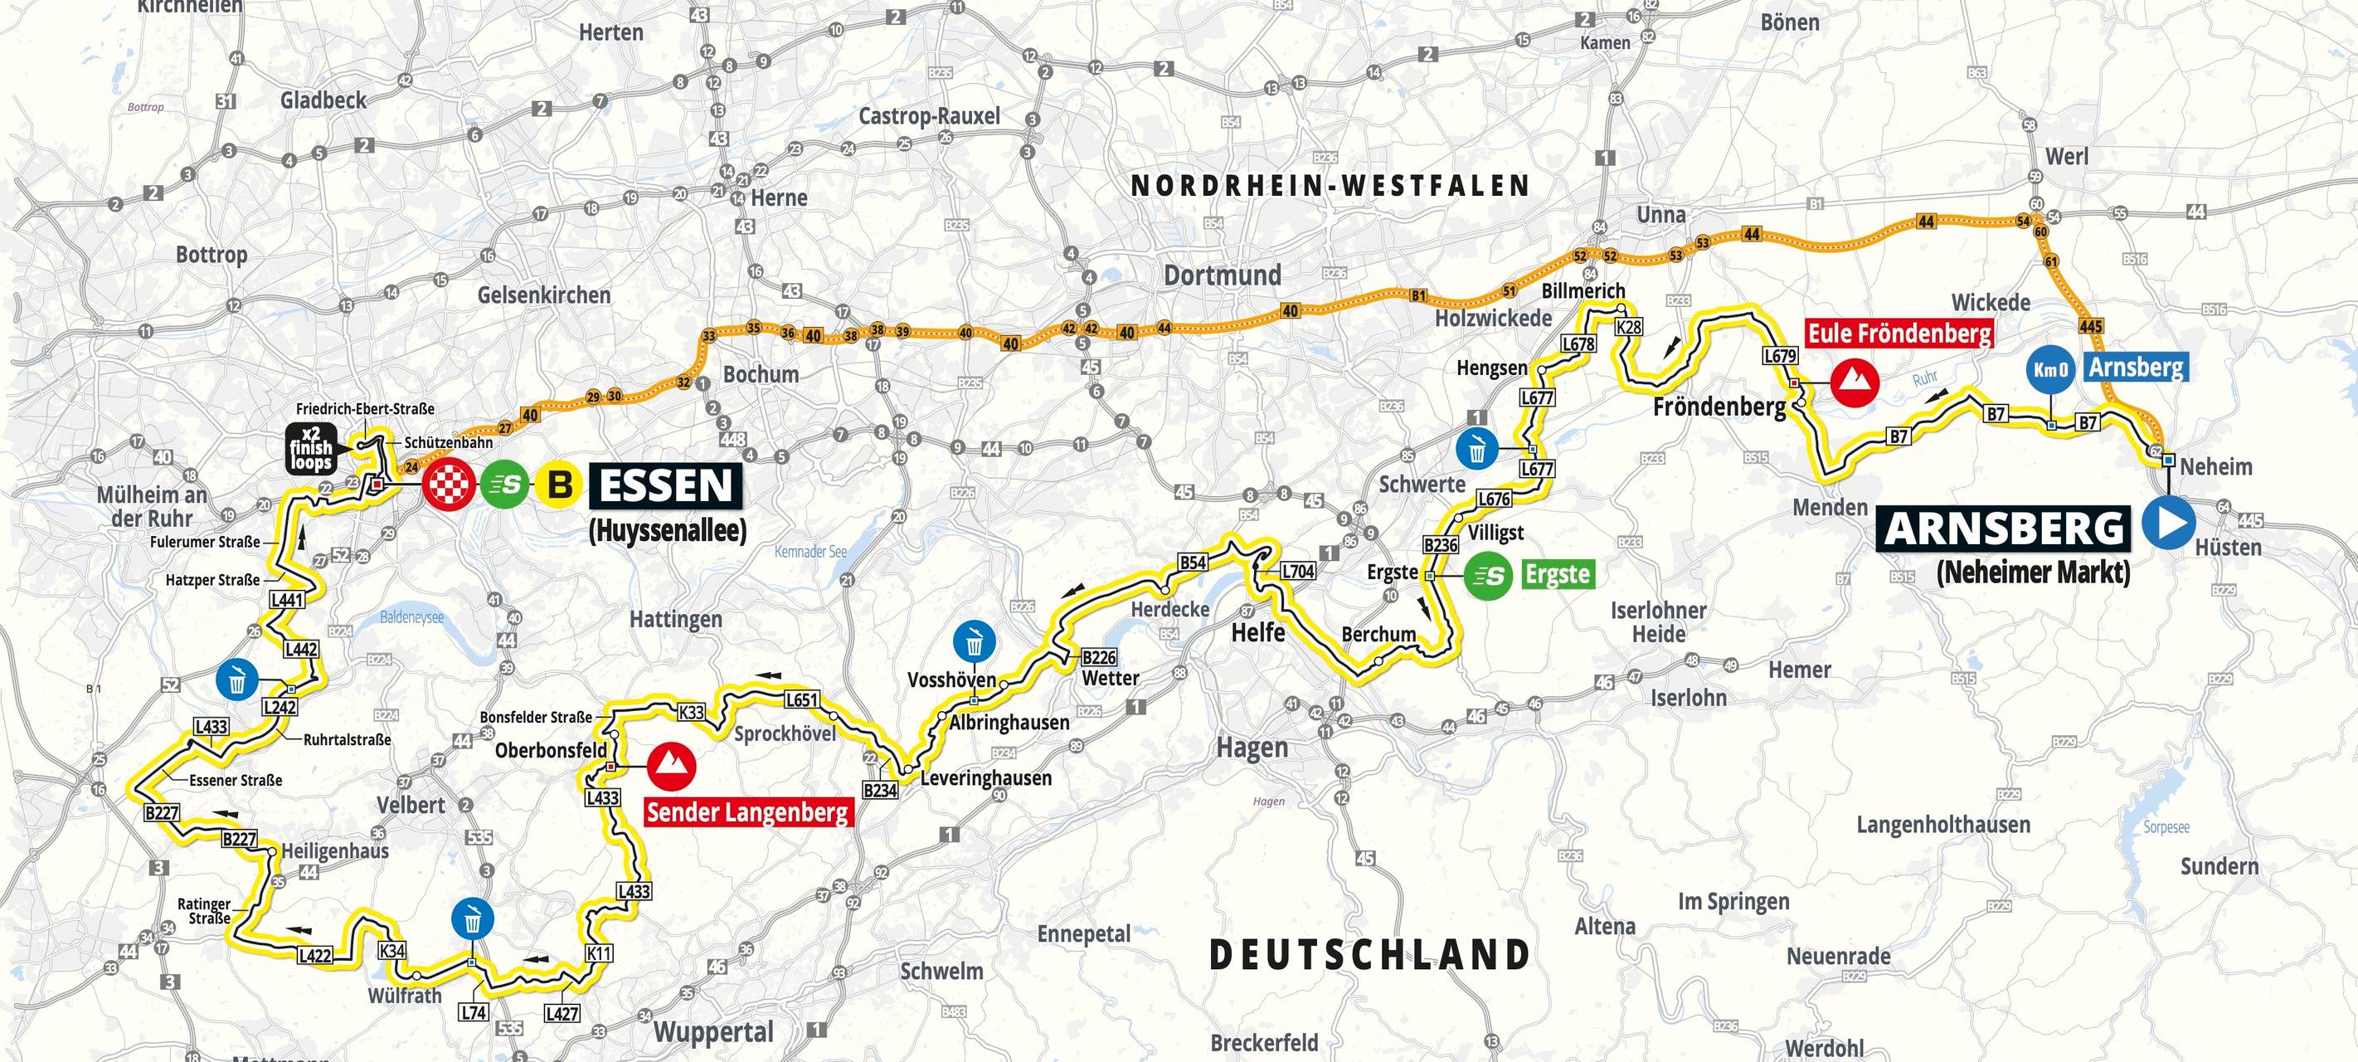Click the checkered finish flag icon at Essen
[x=448, y=485]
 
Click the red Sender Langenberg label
[x=747, y=812]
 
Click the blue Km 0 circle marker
[x=2050, y=370]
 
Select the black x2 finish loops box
[x=310, y=449]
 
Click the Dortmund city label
[x=1222, y=275]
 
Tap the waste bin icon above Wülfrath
[x=472, y=920]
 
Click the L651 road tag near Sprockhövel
[x=801, y=700]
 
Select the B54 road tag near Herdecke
[x=1192, y=563]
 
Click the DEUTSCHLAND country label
[x=1369, y=955]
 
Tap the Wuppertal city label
[x=713, y=1033]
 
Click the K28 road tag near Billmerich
[x=1629, y=327]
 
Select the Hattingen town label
[x=675, y=620]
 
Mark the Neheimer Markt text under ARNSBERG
[x=2033, y=573]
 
